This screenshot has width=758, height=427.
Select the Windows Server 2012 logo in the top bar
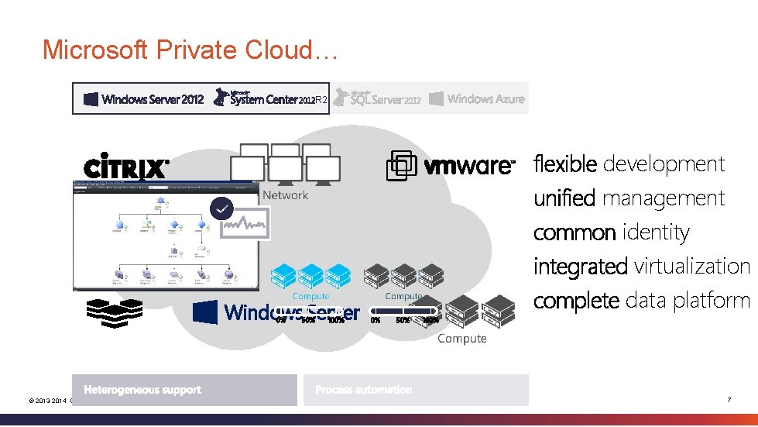[144, 98]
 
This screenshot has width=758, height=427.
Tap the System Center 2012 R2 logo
[271, 98]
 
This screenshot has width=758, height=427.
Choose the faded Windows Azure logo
[477, 98]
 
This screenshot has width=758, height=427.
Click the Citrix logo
[125, 168]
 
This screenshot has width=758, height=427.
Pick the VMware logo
[451, 166]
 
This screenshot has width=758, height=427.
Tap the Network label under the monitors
[285, 195]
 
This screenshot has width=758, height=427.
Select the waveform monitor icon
[245, 226]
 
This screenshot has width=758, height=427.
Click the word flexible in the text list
[564, 164]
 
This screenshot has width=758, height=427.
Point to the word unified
[564, 198]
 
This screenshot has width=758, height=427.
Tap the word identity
[655, 232]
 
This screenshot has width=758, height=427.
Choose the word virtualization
[691, 267]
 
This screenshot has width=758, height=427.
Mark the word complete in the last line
[576, 301]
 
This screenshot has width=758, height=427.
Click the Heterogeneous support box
[184, 390]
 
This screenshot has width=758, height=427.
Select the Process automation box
[415, 390]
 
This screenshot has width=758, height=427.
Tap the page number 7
[729, 400]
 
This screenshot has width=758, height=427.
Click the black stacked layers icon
[109, 310]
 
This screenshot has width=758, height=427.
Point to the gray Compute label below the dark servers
[462, 339]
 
